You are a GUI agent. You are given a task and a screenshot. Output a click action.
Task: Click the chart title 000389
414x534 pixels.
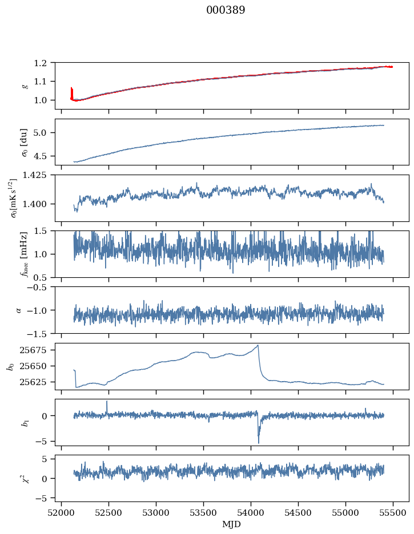226,10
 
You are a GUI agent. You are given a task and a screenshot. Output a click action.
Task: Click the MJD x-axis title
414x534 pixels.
231,524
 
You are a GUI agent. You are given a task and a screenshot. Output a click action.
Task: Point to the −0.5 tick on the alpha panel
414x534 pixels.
41,287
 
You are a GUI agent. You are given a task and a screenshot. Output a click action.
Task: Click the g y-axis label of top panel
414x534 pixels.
25,86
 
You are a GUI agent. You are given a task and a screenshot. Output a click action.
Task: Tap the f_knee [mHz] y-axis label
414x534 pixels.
25,254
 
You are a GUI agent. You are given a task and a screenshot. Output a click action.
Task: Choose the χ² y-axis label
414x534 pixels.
25,478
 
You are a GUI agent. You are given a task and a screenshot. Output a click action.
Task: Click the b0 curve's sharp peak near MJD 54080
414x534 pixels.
258,345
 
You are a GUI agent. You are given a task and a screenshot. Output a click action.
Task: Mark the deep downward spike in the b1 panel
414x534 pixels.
258,442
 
